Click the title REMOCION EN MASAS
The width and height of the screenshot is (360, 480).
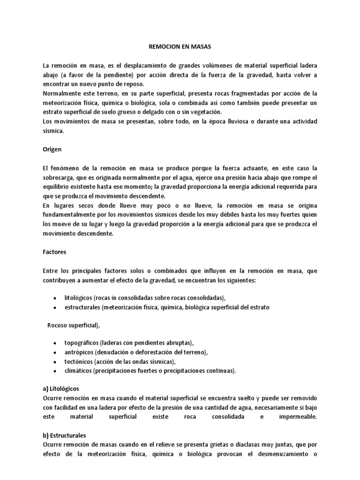[x=180, y=47]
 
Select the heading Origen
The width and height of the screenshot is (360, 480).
[x=52, y=149]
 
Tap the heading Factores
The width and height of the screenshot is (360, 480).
[x=54, y=252]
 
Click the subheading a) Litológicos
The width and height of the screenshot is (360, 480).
[x=61, y=389]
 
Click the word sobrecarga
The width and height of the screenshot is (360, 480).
[x=60, y=177]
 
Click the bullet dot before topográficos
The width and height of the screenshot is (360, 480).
[x=55, y=343]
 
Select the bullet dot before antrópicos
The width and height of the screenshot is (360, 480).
[x=55, y=352]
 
